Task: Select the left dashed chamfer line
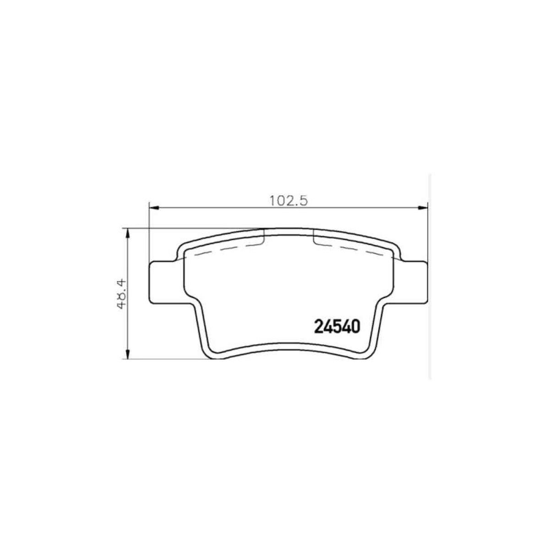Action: [224, 249]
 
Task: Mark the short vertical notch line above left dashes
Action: [264, 237]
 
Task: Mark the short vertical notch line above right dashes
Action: [313, 237]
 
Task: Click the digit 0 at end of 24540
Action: [357, 327]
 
